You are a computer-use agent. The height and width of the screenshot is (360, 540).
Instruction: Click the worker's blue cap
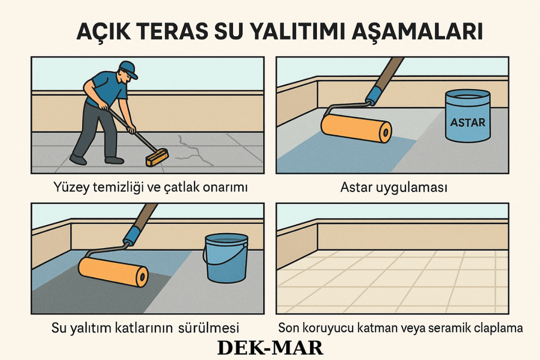coord(129,69)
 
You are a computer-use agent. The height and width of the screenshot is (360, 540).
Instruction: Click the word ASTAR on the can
coord(467,121)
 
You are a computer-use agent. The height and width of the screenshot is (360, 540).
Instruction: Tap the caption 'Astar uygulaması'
coord(393,188)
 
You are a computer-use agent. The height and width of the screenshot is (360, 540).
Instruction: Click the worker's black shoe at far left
coord(78,159)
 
